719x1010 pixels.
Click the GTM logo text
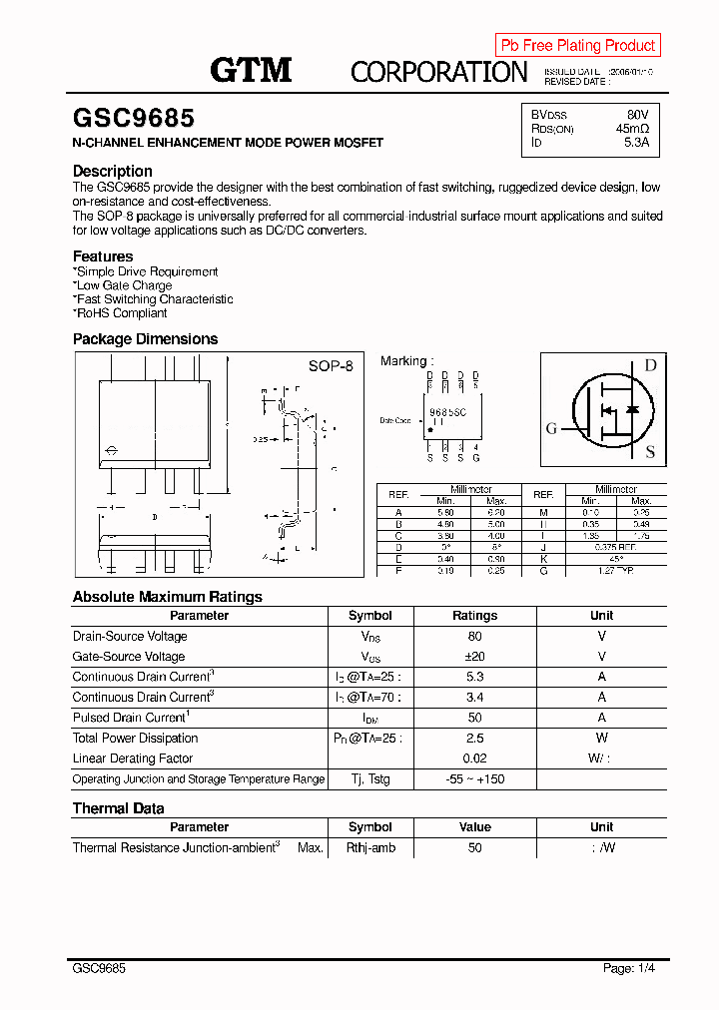(x=251, y=70)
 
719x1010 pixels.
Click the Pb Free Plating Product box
(x=577, y=45)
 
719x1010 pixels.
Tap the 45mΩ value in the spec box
(x=632, y=129)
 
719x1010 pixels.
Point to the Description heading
(x=113, y=171)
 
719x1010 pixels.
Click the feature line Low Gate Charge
(x=123, y=285)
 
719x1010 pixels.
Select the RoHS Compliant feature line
(x=121, y=313)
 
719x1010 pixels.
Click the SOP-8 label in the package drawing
(x=331, y=366)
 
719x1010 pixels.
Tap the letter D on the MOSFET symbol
(x=650, y=365)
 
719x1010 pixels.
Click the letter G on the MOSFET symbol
(x=551, y=429)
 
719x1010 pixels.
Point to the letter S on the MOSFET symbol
(x=650, y=452)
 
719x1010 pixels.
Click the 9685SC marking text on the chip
(x=447, y=411)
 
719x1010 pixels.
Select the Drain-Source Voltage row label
(x=130, y=636)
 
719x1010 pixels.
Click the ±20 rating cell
(x=474, y=657)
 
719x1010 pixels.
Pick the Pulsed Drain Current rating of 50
(x=474, y=718)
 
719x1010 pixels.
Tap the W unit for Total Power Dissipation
(x=601, y=739)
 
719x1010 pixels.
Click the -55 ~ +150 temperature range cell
(x=474, y=779)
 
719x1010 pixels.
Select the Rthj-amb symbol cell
(x=370, y=847)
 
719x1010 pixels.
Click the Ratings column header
(x=474, y=616)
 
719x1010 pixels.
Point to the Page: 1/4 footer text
(x=629, y=968)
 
